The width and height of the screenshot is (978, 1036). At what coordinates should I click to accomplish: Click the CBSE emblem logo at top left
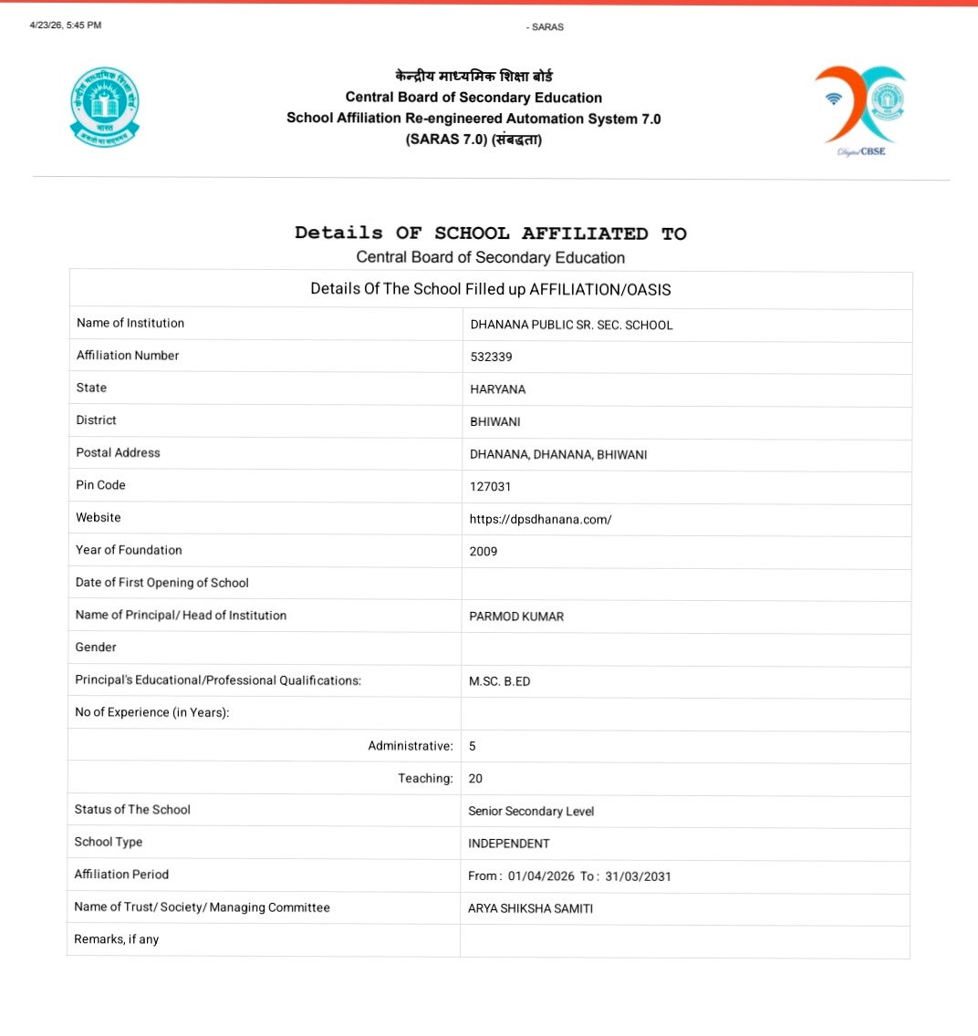click(105, 107)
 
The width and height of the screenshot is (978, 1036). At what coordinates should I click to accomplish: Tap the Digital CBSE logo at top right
click(858, 109)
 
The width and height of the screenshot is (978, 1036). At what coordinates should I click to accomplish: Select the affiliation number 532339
click(491, 357)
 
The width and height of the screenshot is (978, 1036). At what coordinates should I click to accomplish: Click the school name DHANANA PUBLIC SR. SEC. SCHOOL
click(571, 325)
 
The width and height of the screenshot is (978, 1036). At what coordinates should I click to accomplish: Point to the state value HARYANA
click(497, 389)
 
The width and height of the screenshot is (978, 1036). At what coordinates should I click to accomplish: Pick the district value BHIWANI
click(494, 422)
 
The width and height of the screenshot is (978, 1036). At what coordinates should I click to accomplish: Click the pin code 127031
click(490, 487)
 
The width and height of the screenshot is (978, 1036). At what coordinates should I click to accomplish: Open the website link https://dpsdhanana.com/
click(540, 520)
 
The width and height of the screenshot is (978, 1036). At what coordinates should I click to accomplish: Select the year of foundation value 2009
click(484, 552)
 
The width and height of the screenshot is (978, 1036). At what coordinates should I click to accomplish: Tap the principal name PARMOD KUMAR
click(516, 616)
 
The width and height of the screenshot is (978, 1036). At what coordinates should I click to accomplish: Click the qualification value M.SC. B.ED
click(499, 681)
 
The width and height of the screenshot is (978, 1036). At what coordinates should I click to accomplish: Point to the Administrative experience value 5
click(473, 746)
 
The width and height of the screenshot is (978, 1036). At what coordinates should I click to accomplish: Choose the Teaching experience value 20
click(475, 779)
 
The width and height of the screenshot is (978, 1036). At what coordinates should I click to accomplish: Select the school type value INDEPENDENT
click(509, 844)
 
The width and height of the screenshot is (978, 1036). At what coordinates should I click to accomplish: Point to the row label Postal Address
click(118, 452)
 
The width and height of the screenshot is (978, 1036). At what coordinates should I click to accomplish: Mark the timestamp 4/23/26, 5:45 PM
click(65, 25)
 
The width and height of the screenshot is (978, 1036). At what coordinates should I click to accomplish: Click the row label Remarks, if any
click(116, 939)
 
